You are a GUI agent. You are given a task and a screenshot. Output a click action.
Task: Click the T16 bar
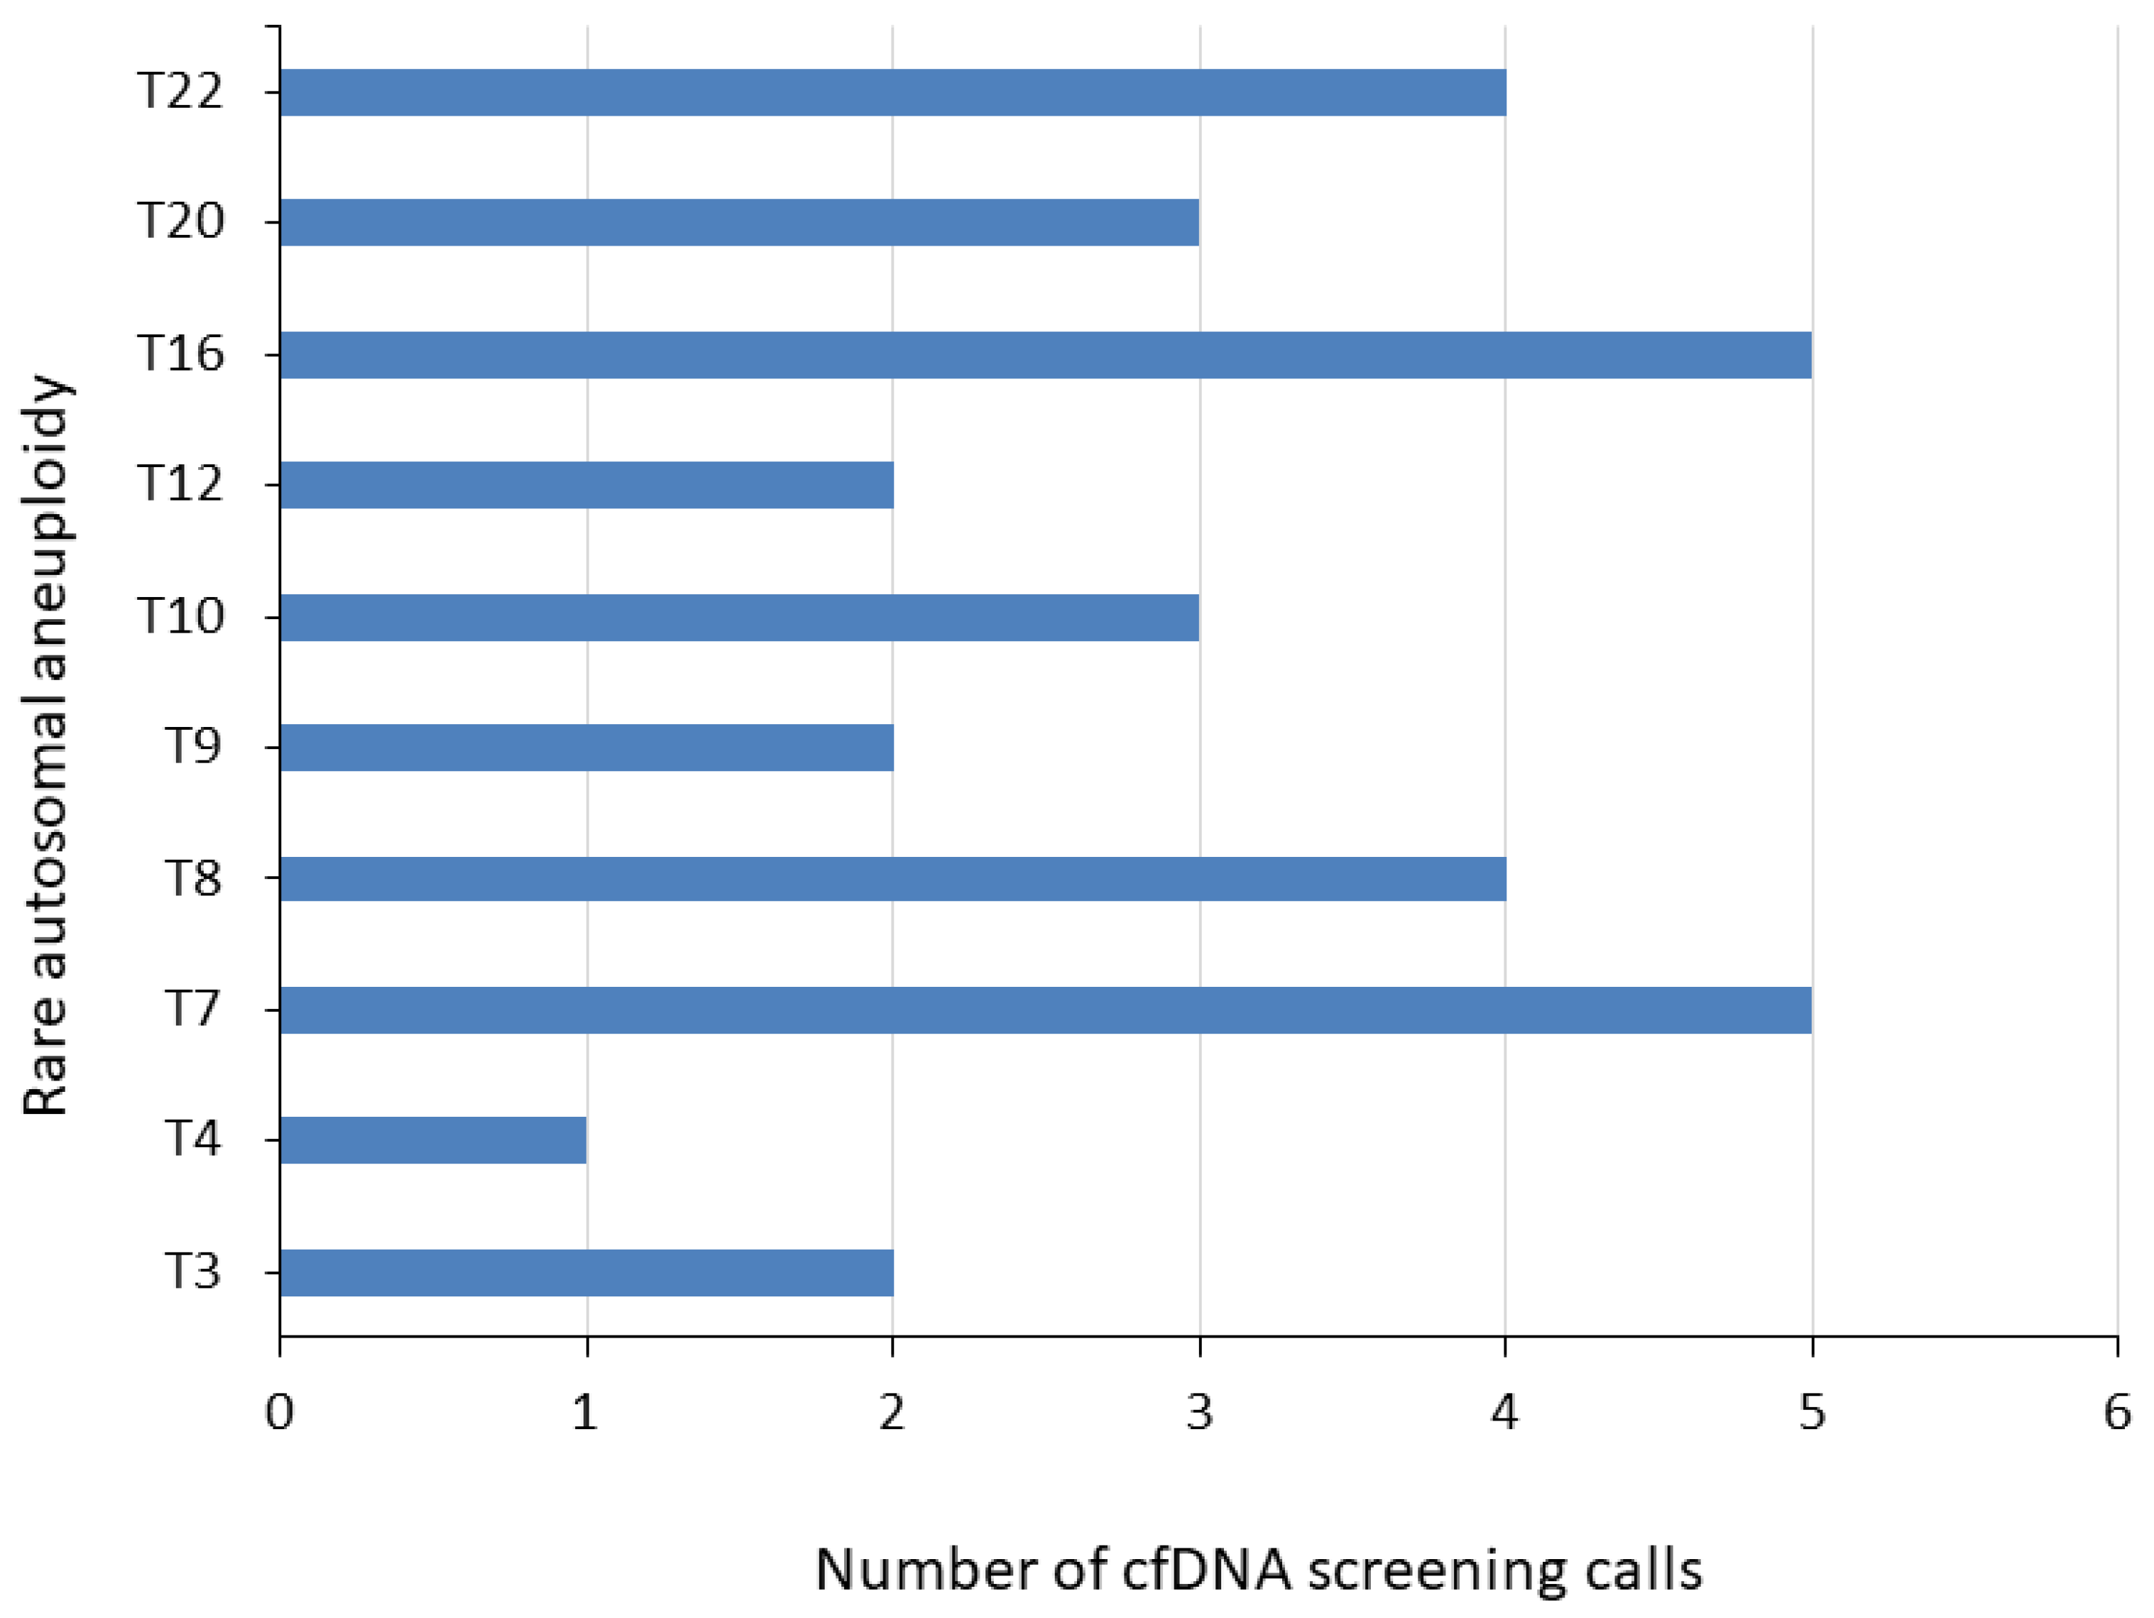tap(1045, 356)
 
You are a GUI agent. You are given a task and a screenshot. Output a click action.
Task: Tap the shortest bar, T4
tap(432, 1140)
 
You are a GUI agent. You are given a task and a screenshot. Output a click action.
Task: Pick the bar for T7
tap(1045, 1010)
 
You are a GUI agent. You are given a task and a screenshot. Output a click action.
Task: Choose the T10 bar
tap(739, 617)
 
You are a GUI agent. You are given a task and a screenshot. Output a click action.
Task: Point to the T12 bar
tap(586, 485)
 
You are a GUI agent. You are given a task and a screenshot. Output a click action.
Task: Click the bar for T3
tap(586, 1272)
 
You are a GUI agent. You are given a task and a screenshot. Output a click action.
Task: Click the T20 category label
tap(180, 222)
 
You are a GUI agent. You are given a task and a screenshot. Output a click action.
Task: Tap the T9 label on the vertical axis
tap(193, 747)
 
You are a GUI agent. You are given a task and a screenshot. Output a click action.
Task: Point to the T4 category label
tap(193, 1139)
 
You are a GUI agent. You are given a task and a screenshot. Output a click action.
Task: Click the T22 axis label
tap(180, 92)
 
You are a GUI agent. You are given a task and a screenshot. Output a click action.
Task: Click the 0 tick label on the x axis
tap(280, 1413)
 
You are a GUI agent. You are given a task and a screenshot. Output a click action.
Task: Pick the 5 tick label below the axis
tap(1811, 1413)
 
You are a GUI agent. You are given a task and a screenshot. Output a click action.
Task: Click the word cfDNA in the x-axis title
tap(1206, 1570)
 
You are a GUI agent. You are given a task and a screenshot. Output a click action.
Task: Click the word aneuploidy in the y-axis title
tap(49, 525)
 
